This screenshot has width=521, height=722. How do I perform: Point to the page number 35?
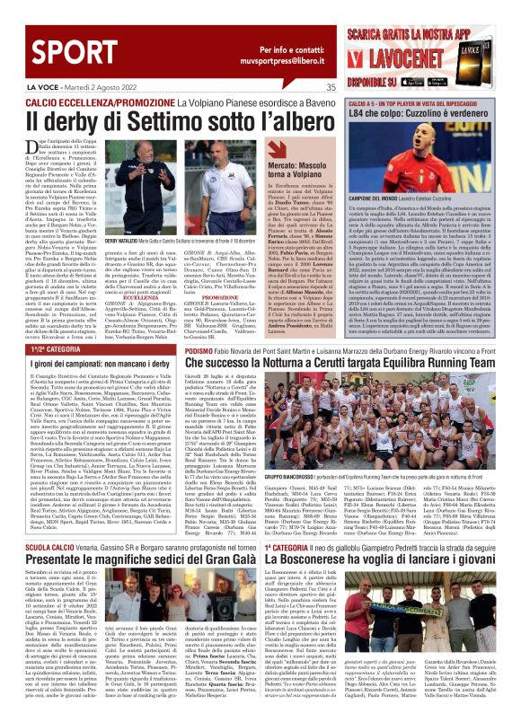[x=331, y=87]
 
